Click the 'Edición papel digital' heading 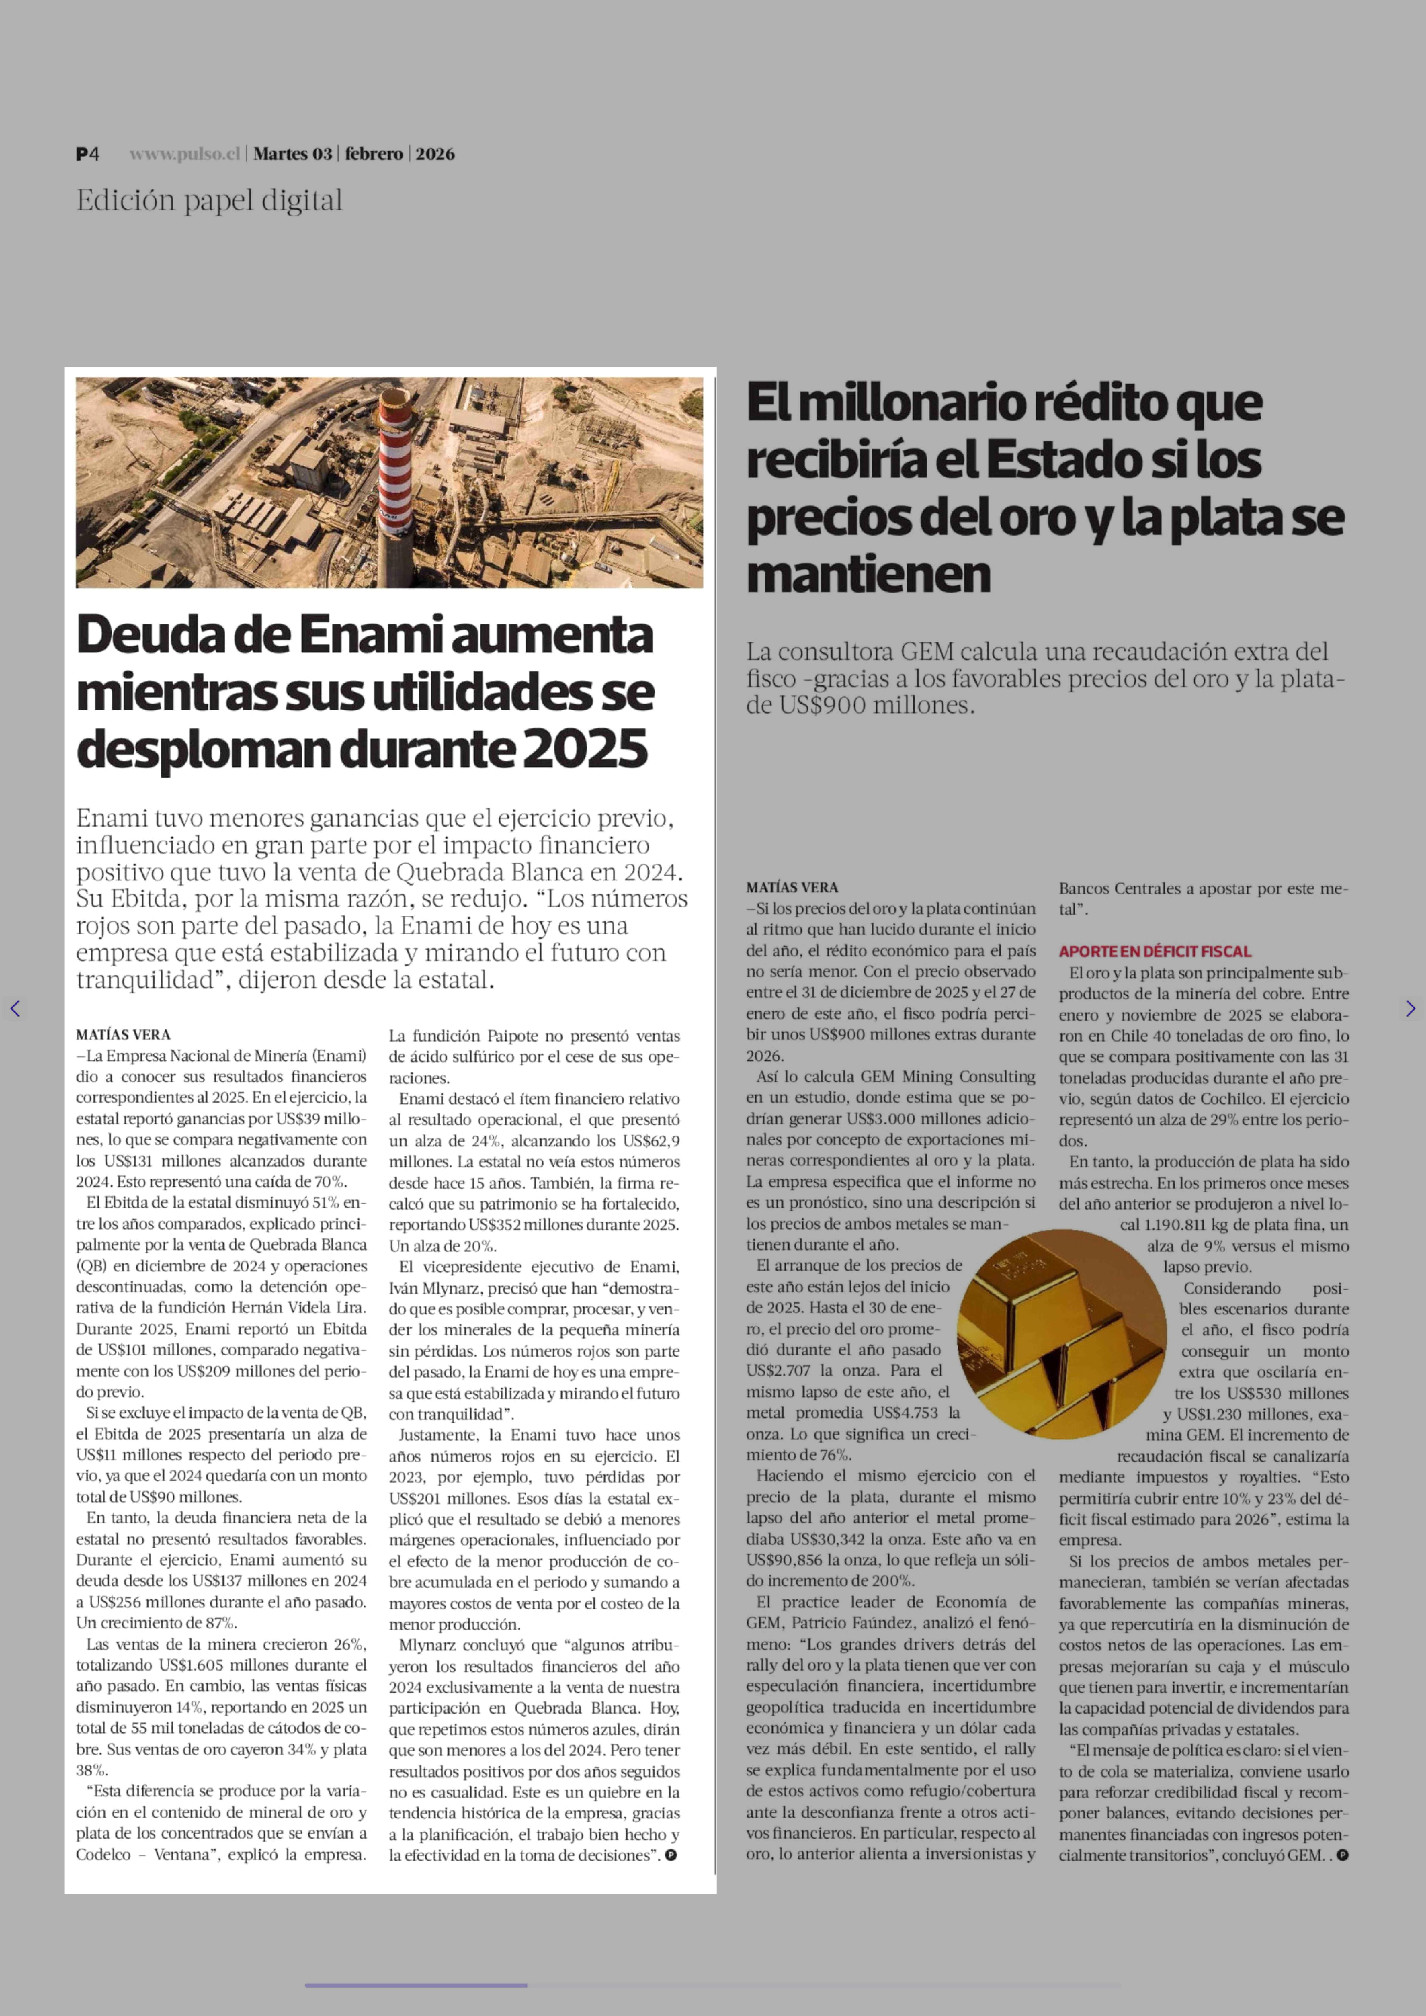point(209,201)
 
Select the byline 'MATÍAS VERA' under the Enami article point(123,1034)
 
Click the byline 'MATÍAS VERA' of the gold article point(792,888)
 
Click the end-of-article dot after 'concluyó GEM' point(1342,1855)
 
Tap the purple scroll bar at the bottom point(416,1984)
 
